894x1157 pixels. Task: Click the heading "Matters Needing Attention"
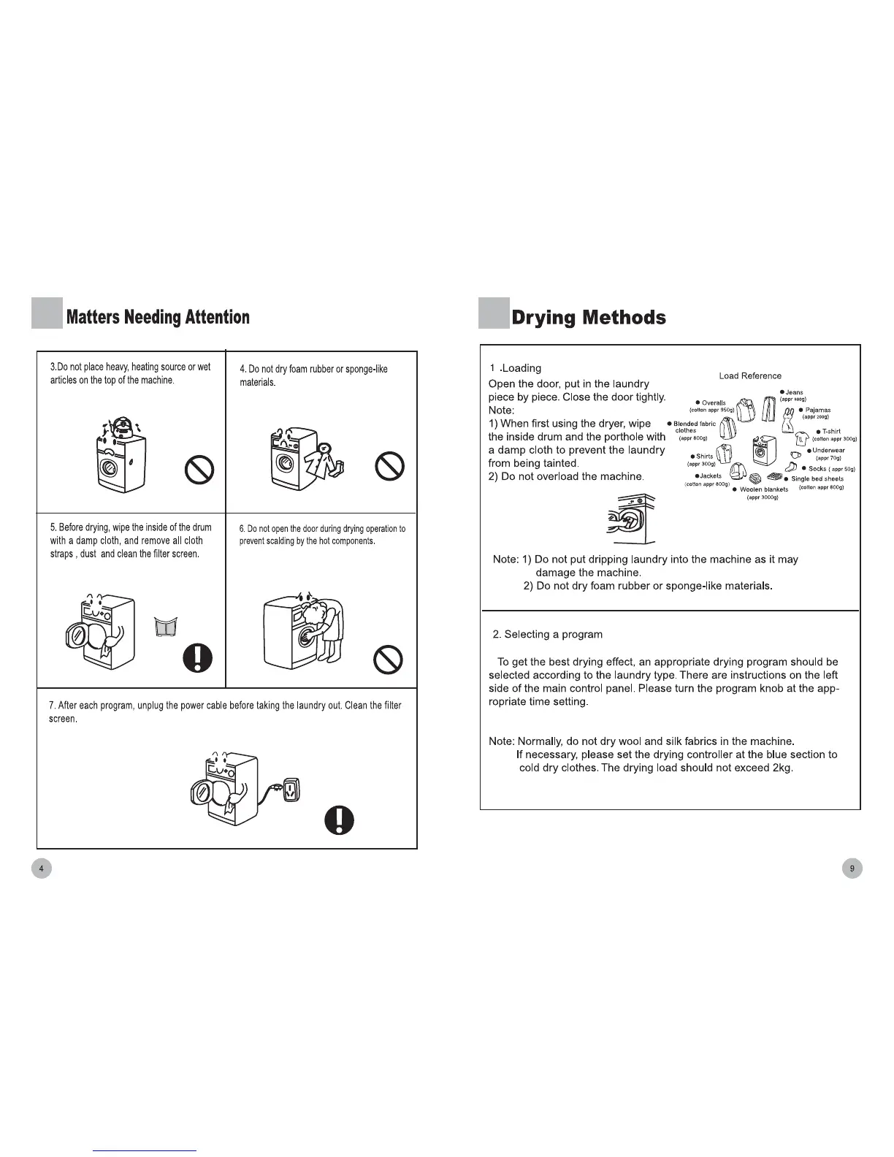(158, 317)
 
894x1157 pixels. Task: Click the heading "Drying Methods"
(588, 318)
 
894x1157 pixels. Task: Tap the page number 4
(42, 868)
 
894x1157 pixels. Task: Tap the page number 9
(852, 868)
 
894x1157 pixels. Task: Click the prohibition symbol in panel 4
(389, 467)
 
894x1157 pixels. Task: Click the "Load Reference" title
(750, 376)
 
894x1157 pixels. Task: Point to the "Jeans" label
(793, 393)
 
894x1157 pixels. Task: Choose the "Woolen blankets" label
(763, 489)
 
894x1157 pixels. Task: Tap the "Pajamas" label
(817, 411)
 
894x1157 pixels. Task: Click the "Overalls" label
(713, 403)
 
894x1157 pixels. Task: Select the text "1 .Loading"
(516, 368)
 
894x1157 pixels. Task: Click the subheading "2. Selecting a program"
(546, 634)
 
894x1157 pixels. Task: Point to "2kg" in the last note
(782, 768)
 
